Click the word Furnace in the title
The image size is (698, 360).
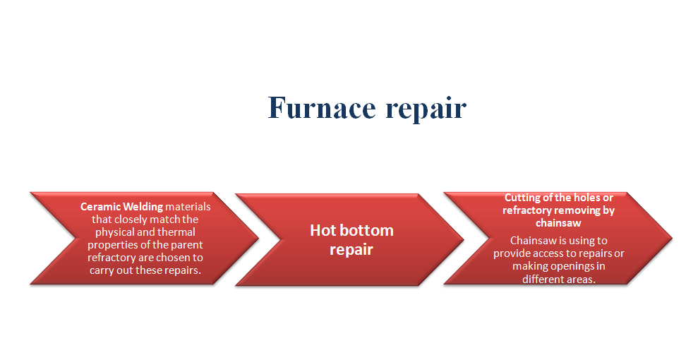322,107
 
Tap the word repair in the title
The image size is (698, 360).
426,109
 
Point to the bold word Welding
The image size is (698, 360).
143,207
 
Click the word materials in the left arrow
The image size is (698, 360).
188,207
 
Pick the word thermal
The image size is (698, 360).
176,232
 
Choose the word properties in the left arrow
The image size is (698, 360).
112,245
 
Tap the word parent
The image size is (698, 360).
186,245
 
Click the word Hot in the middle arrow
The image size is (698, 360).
323,230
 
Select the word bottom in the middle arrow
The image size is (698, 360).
367,230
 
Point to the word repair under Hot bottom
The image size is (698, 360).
351,250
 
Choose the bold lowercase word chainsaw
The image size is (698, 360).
558,222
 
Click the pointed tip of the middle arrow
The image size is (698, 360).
464,239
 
